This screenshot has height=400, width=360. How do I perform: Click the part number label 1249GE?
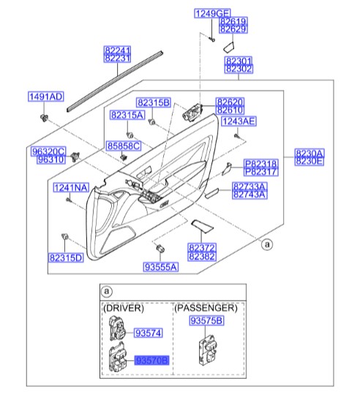point(211,13)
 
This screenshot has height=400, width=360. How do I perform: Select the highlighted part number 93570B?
point(151,361)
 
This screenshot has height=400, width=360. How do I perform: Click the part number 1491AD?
point(45,97)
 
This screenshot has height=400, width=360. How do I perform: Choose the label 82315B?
point(153,102)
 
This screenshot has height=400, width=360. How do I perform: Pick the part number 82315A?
point(127,116)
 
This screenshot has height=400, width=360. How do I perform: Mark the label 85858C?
point(123,146)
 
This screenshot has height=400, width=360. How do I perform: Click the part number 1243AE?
point(239,121)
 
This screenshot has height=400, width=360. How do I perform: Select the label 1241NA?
point(70,188)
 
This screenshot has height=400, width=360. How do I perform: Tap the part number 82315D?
point(66,257)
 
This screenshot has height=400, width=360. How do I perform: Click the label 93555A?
point(160,268)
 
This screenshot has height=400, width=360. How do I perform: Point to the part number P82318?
point(261,164)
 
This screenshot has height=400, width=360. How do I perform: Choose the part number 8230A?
point(310,152)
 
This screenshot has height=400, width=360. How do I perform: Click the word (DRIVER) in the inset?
point(124,308)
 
